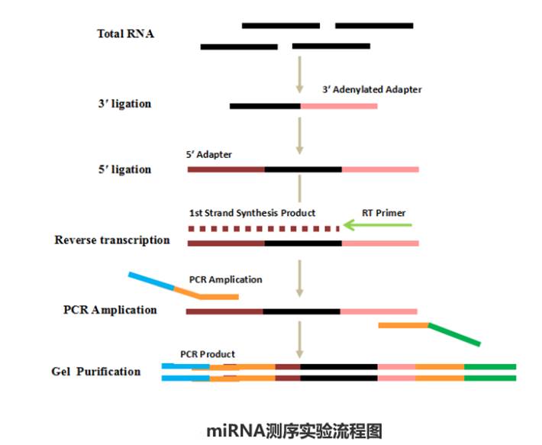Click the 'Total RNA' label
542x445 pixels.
(125, 34)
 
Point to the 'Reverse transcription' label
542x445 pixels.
(112, 240)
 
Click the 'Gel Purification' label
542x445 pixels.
(96, 372)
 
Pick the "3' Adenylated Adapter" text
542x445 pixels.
(372, 89)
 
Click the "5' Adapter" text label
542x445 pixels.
(208, 154)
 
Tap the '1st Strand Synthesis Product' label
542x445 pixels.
(252, 213)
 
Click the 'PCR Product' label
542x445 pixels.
(208, 354)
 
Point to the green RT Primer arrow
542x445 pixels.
(378, 226)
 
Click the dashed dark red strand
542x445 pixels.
(263, 227)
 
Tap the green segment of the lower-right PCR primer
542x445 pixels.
(455, 335)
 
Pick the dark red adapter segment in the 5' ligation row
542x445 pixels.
(226, 169)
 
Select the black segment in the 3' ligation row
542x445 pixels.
(265, 106)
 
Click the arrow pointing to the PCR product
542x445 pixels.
(300, 340)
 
